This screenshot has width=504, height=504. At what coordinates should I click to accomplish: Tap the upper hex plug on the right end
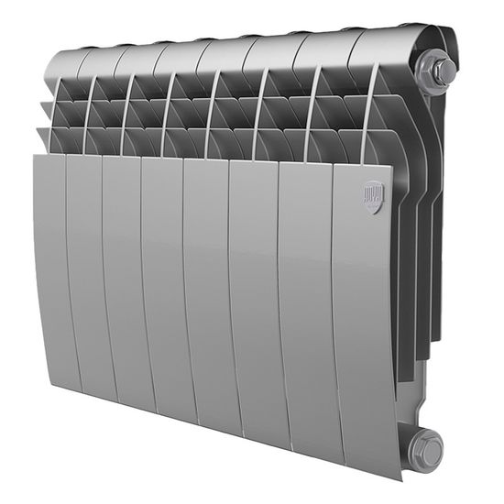click(438, 68)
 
